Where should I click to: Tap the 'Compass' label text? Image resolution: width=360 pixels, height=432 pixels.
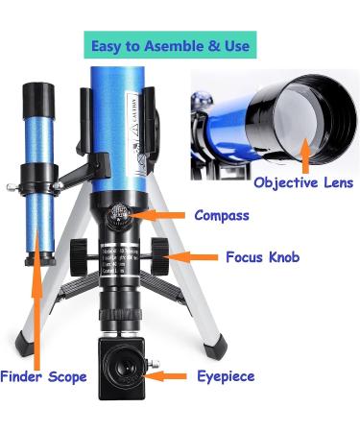pyautogui.click(x=221, y=215)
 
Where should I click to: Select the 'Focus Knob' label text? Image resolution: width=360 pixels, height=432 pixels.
pyautogui.click(x=262, y=257)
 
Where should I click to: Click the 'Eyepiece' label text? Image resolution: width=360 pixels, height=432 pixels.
pyautogui.click(x=226, y=376)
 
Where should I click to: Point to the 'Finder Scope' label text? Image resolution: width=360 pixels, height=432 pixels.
pyautogui.click(x=44, y=376)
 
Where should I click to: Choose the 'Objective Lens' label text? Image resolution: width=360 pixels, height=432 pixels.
pyautogui.click(x=303, y=182)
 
